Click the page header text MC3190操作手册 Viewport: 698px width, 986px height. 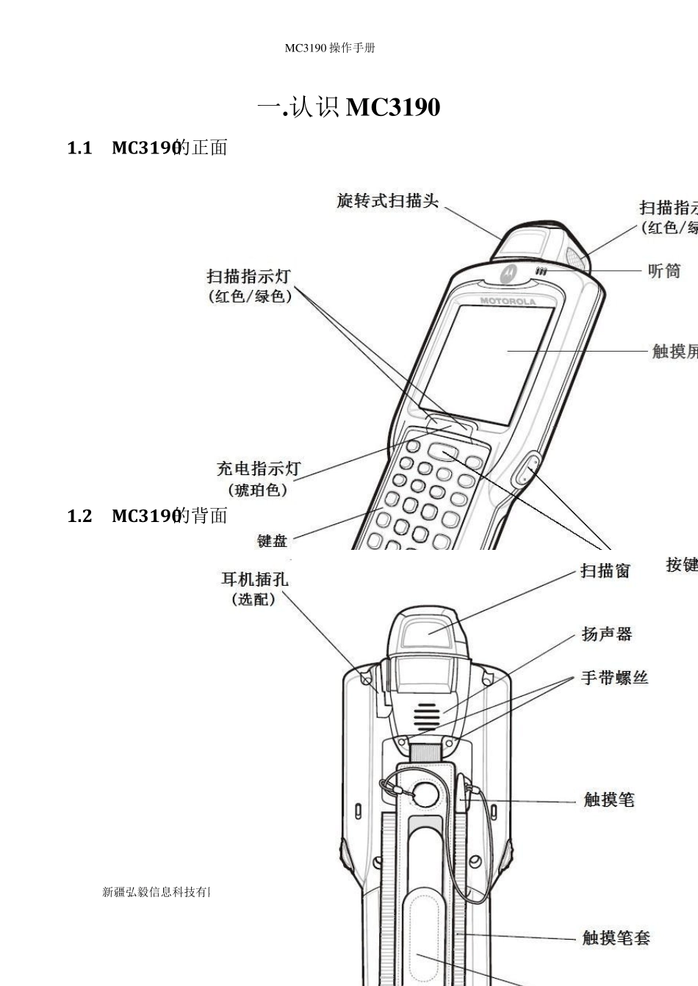[x=330, y=48]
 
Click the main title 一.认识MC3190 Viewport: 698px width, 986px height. [x=349, y=108]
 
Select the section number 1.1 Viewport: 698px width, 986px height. [x=79, y=148]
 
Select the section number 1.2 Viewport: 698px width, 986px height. [x=79, y=516]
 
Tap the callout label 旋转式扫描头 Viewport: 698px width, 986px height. [x=387, y=200]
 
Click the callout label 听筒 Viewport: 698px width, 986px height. [x=664, y=271]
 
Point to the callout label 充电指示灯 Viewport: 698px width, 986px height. [x=259, y=468]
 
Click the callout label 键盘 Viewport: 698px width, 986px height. [x=272, y=541]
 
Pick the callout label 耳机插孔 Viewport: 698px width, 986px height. [x=255, y=579]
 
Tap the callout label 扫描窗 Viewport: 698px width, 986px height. [x=605, y=570]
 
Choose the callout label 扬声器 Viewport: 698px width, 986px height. [x=607, y=634]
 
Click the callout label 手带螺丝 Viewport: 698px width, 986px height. [x=614, y=678]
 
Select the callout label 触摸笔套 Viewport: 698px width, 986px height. [x=616, y=938]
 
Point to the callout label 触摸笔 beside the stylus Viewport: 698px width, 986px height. [x=608, y=800]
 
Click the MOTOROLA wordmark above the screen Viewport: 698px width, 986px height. [x=508, y=301]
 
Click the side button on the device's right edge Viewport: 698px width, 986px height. [x=524, y=469]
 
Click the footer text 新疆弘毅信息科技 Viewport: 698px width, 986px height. [x=156, y=892]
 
